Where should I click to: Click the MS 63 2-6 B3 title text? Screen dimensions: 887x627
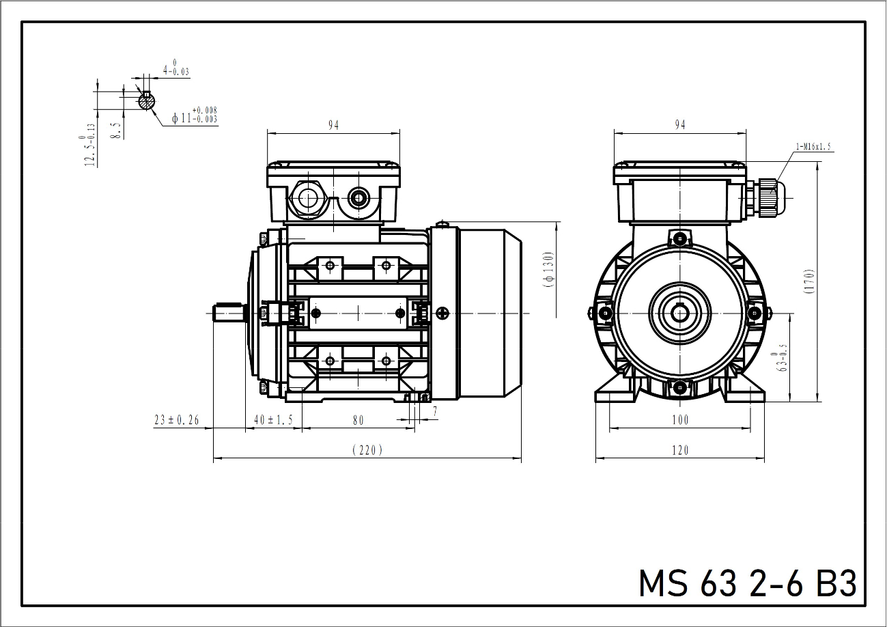pos(748,583)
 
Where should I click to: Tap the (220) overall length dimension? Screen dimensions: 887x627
pos(367,450)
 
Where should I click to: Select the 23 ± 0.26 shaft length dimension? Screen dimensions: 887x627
pos(177,420)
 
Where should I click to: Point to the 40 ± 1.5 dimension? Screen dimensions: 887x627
pos(273,420)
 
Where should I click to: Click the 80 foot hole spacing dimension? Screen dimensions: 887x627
pos(358,420)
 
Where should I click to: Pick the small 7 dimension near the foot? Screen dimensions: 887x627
pos(435,412)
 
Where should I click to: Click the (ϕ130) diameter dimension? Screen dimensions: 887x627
pos(549,269)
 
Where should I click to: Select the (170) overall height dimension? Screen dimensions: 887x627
pos(809,281)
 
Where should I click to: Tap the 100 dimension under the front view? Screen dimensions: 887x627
pos(680,419)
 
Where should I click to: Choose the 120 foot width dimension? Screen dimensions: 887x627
pos(680,450)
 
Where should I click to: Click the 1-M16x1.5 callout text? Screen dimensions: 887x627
pos(813,147)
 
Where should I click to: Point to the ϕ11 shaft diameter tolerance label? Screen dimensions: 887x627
pos(195,115)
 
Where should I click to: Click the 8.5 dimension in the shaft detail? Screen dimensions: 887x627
pos(116,130)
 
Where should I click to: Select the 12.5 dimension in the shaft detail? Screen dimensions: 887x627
pos(88,145)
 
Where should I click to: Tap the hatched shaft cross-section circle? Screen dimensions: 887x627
pos(147,101)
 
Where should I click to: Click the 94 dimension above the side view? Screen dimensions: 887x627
pos(334,125)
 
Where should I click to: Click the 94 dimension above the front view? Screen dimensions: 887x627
pos(680,125)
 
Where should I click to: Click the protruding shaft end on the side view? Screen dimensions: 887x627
pos(229,313)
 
